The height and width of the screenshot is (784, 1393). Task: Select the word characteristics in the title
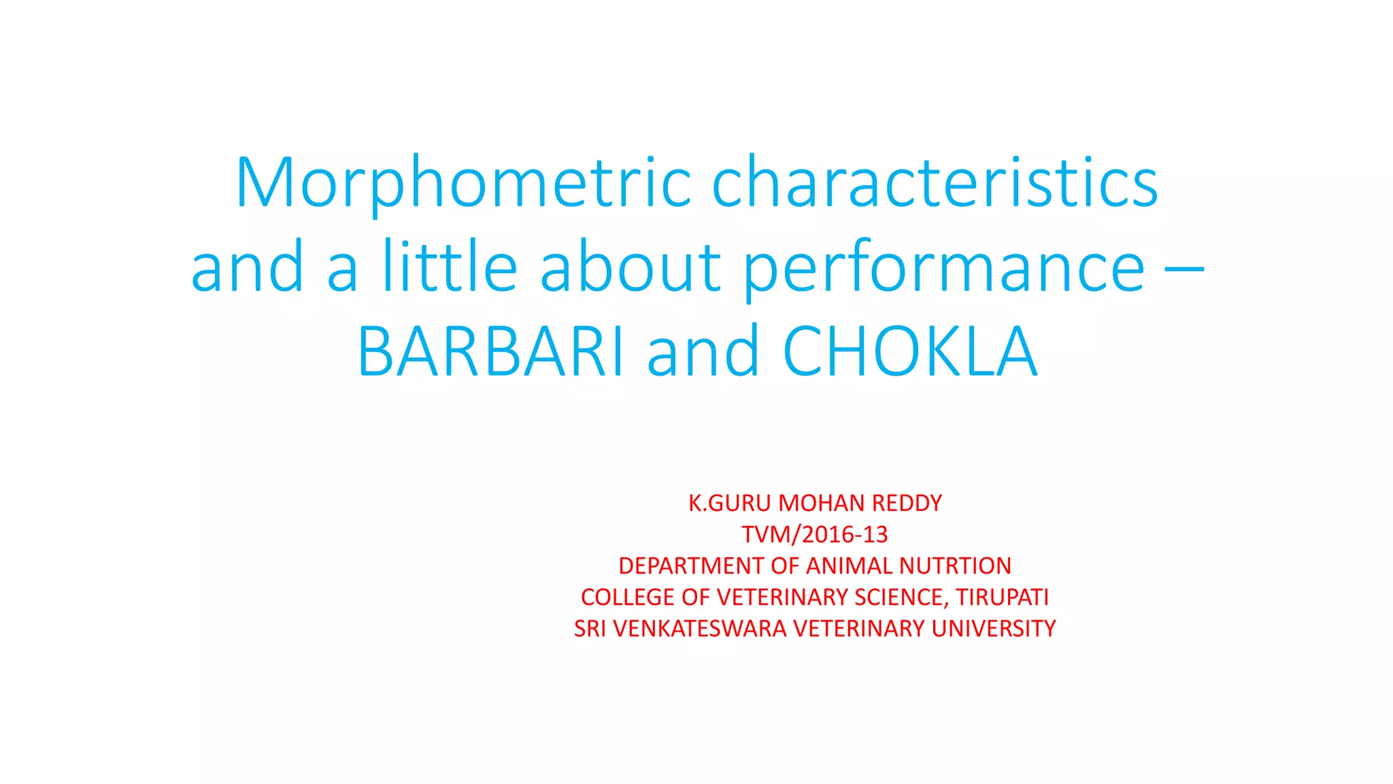(x=935, y=182)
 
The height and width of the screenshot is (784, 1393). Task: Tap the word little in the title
(x=450, y=267)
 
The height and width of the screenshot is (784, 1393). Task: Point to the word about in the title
(x=630, y=267)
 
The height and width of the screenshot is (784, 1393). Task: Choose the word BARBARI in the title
(x=490, y=352)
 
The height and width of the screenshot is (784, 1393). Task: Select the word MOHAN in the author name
(x=822, y=503)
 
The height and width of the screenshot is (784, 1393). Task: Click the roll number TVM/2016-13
(x=815, y=534)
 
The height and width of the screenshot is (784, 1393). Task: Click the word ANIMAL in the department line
(x=850, y=566)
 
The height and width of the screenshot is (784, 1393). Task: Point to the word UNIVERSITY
(x=993, y=628)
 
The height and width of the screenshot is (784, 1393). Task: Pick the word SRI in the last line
(x=590, y=628)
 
